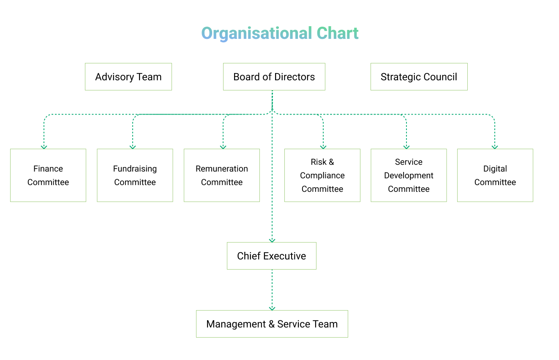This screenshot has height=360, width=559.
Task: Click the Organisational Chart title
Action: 280,33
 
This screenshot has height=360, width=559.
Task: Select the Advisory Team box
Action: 128,77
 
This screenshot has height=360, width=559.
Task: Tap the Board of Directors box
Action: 274,77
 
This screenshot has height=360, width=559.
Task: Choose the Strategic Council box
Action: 419,77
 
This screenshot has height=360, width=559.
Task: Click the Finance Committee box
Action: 48,175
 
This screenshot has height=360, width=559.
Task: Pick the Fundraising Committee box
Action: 135,175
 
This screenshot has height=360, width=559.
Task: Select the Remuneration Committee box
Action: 222,175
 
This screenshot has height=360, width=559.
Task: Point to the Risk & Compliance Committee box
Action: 322,175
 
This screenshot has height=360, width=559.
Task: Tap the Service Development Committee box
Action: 409,175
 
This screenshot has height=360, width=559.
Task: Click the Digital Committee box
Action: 495,175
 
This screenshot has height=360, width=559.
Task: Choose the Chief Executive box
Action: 272,256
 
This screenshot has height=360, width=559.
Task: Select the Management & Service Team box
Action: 272,324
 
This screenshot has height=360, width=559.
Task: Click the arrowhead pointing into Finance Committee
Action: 44,147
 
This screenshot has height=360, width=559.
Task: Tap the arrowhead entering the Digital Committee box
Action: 495,147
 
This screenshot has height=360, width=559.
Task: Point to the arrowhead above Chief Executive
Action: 272,240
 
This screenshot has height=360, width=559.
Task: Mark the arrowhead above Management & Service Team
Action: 272,308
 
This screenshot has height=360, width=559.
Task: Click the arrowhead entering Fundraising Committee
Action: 133,147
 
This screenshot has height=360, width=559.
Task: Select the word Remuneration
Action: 222,169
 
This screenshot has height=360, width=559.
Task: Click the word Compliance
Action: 322,175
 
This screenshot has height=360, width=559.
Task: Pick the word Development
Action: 409,175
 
